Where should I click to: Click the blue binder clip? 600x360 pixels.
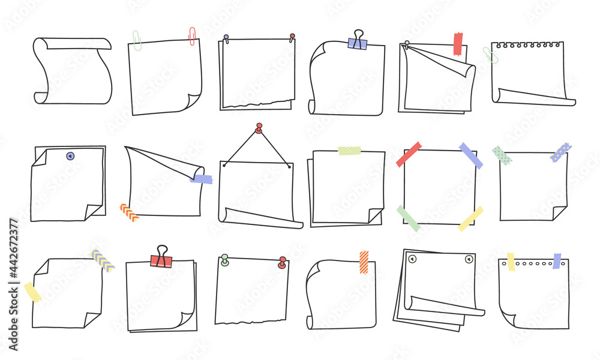click(x=358, y=42)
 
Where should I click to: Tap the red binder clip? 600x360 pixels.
click(x=161, y=259)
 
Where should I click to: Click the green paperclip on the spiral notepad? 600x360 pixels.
click(x=490, y=55)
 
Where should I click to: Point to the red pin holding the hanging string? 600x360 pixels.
click(x=259, y=128)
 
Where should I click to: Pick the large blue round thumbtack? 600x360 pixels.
click(x=70, y=156)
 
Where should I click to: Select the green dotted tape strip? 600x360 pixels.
click(x=503, y=155)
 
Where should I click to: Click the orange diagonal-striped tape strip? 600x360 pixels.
click(x=364, y=262)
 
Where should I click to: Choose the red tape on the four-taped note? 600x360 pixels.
click(x=409, y=154)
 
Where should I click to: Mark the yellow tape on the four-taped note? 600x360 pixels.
click(x=470, y=219)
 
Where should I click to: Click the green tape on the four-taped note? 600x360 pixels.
click(x=408, y=218)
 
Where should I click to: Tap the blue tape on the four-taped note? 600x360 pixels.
click(x=471, y=155)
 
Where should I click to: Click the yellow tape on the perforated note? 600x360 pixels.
click(x=511, y=261)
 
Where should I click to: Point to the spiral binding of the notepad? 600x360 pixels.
click(x=527, y=45)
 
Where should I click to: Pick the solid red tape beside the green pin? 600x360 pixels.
click(x=458, y=44)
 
